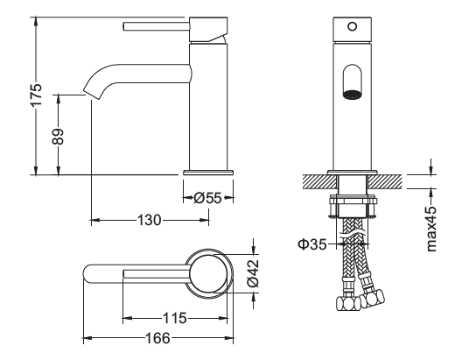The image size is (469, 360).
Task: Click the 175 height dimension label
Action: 37,95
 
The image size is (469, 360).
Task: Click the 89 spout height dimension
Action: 58,137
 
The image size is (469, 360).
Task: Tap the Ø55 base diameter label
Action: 207,198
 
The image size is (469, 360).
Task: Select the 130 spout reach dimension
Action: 149,220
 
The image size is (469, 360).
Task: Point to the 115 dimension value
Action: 174,318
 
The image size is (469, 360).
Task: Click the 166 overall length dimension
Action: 157,338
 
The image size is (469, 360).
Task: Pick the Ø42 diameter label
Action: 253,272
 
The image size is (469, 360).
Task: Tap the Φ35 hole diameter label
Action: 312,244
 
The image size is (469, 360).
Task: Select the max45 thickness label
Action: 431,229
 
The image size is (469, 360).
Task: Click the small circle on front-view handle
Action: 353,26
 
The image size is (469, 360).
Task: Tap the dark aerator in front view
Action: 352,94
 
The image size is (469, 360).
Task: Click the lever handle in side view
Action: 156,26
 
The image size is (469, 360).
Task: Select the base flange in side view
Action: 208,173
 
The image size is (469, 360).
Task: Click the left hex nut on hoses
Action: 348,303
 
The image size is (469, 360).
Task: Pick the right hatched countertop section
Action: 384,182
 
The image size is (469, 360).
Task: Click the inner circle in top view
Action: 208,273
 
